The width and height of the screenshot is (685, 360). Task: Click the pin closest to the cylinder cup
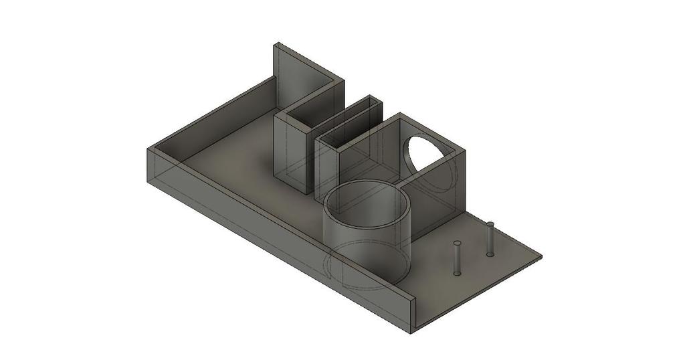point(457,258)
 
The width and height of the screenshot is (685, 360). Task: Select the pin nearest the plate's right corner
point(490,240)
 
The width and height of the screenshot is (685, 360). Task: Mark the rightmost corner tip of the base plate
point(541,256)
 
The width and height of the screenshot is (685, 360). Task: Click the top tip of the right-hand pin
point(490,223)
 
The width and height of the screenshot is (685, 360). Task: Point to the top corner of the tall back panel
point(276,44)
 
